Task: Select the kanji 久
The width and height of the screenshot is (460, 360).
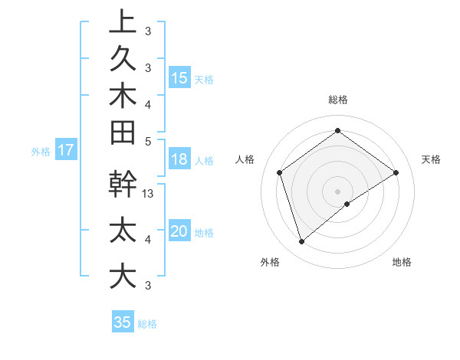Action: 123,58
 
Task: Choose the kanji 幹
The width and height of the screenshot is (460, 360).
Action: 123,185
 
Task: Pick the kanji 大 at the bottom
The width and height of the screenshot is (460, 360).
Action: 123,276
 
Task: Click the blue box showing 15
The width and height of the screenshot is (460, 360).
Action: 179,78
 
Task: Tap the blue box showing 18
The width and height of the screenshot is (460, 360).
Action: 179,159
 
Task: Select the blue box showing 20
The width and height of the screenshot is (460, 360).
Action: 179,232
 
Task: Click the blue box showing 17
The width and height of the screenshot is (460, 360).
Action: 65,151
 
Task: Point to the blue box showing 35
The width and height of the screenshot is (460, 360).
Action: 123,322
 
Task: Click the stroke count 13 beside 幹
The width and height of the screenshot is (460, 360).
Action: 148,194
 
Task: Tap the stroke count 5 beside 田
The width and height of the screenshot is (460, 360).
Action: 148,141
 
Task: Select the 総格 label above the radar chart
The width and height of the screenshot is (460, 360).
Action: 337,100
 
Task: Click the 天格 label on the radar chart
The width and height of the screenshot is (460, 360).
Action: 431,159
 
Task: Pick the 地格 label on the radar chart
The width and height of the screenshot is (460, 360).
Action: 402,262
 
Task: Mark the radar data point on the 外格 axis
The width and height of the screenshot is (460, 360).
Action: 301,242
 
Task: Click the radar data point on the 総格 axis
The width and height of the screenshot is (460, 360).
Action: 337,131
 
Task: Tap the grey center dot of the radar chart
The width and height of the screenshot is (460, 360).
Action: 337,191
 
